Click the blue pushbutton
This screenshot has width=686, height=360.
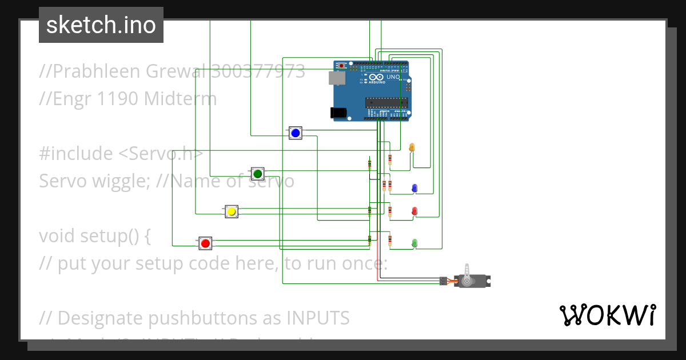tap(295, 133)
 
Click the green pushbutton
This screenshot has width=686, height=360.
tap(257, 173)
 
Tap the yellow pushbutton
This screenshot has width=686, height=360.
tap(232, 211)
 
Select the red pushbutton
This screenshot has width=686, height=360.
tap(206, 243)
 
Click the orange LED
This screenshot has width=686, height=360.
tap(412, 147)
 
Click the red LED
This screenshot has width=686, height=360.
tap(414, 211)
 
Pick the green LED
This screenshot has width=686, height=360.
tap(414, 243)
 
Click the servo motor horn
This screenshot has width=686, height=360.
tap(468, 274)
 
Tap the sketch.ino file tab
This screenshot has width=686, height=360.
tap(101, 25)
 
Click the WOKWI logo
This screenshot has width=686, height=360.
tap(607, 315)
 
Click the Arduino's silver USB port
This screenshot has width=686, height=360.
tap(337, 78)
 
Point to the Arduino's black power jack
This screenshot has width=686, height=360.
tap(340, 113)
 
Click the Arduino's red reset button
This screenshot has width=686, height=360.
tap(342, 66)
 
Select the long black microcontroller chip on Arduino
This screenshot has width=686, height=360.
tap(386, 102)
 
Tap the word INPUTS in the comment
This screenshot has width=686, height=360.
tap(317, 317)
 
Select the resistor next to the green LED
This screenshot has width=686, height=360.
tap(390, 241)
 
